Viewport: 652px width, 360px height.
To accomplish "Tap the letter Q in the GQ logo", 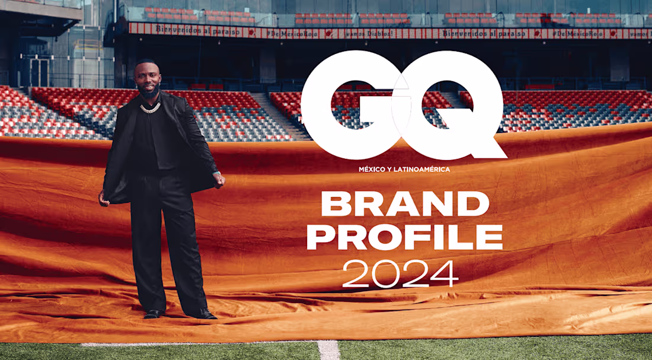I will pyautogui.click(x=450, y=104).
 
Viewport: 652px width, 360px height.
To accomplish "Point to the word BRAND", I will pyautogui.click(x=405, y=205).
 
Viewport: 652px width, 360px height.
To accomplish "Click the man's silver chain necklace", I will pyautogui.click(x=151, y=109).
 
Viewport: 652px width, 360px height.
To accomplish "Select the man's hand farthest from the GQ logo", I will pyautogui.click(x=104, y=200).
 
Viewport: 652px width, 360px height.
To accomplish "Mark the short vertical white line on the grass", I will pyautogui.click(x=328, y=349).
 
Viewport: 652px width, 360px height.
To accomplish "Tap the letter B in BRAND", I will pyautogui.click(x=334, y=205).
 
